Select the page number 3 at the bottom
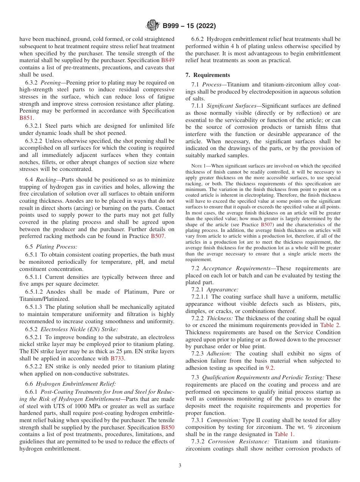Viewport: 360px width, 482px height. tap(180, 465)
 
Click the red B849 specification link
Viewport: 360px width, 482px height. tap(168, 61)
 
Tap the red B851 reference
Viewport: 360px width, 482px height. tap(26, 118)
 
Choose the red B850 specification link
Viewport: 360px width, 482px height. tap(168, 427)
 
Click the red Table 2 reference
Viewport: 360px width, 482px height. tap(330, 325)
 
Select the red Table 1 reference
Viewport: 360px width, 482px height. tap(284, 434)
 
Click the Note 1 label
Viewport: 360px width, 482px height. tap(198, 166)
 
